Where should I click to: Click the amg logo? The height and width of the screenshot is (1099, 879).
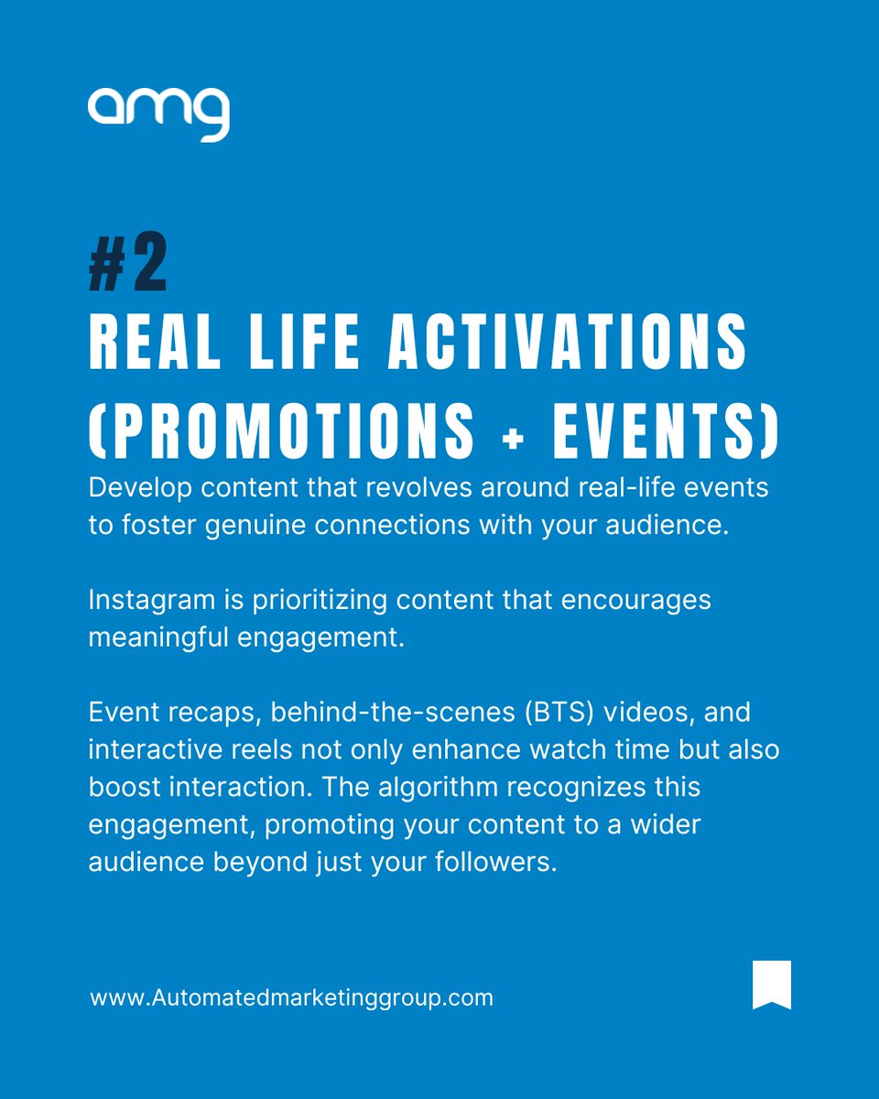[158, 114]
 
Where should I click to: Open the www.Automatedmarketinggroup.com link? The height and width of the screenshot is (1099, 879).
[291, 996]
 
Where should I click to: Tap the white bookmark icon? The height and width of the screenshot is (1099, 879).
[771, 985]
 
